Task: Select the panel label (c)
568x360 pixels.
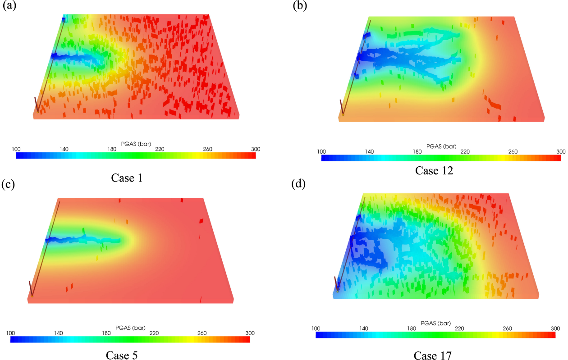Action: [x=10, y=184]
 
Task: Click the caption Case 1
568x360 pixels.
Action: [x=127, y=178]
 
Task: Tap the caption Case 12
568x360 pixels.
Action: [x=434, y=170]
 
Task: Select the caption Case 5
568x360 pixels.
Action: [x=122, y=355]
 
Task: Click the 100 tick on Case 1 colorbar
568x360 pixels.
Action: [x=16, y=149]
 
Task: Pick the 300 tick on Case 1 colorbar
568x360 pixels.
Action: [x=256, y=149]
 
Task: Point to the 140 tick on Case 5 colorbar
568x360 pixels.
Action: [x=58, y=333]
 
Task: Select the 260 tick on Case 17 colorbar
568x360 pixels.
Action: [x=508, y=328]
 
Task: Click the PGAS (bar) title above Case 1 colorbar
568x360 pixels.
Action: [x=136, y=144]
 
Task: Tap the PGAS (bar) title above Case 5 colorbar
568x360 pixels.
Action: [x=130, y=328]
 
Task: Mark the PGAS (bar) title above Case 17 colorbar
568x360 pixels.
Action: [x=436, y=323]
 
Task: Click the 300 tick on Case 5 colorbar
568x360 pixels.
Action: [x=250, y=333]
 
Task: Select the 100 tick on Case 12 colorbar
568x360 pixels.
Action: [x=321, y=151]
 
